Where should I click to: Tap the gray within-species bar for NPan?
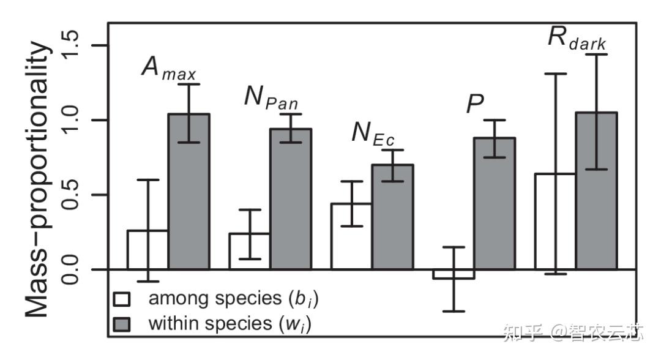click(x=290, y=199)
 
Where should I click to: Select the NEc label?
click(x=373, y=133)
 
